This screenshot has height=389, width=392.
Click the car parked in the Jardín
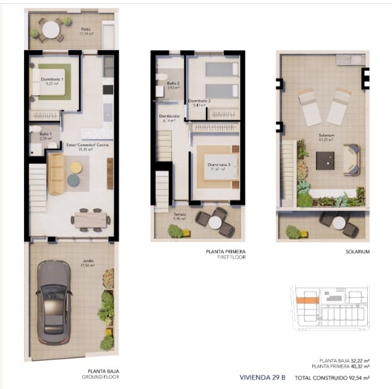tap(54, 301)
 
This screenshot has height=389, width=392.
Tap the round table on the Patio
tap(51, 29)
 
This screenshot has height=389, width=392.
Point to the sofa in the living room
tap(57, 173)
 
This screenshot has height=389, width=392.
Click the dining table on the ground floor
tap(90, 219)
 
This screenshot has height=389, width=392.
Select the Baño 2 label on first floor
tap(174, 85)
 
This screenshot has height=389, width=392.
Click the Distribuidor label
tap(169, 118)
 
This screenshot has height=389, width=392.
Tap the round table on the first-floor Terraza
tap(215, 222)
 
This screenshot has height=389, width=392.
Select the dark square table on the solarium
tap(325, 160)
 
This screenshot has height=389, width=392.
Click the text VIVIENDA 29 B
tap(262, 377)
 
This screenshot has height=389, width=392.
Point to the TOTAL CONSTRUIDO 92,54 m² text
tap(332, 377)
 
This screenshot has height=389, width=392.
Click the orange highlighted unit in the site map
tap(307, 301)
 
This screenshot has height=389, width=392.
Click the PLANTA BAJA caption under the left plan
tap(103, 372)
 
